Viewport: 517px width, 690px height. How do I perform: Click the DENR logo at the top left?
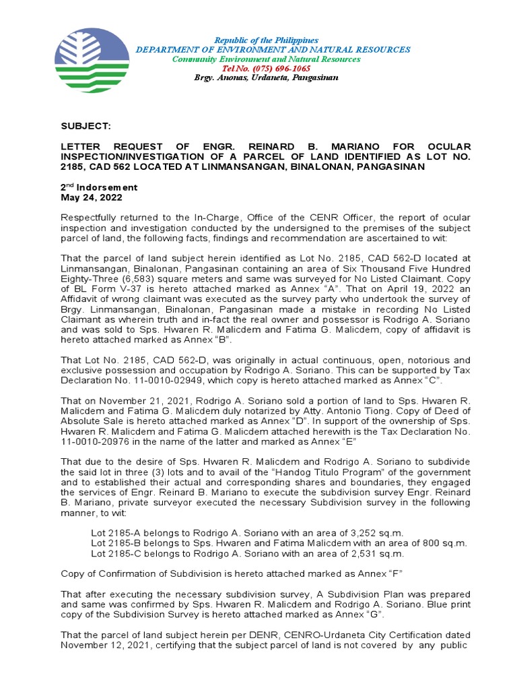92,55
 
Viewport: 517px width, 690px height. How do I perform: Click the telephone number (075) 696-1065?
267,69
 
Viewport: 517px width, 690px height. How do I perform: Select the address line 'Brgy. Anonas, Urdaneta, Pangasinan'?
267,78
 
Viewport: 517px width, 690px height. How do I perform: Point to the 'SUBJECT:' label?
85,126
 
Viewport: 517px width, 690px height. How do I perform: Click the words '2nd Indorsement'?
99,187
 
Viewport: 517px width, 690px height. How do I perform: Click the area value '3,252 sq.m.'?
381,532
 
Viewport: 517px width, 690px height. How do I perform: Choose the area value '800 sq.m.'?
436,543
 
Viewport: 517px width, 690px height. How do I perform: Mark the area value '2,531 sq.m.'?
380,553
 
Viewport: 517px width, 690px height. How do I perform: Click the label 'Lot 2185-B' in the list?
116,543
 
